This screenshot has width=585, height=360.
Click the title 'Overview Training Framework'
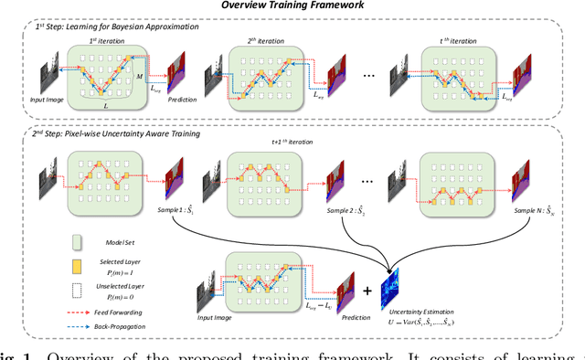(292, 7)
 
